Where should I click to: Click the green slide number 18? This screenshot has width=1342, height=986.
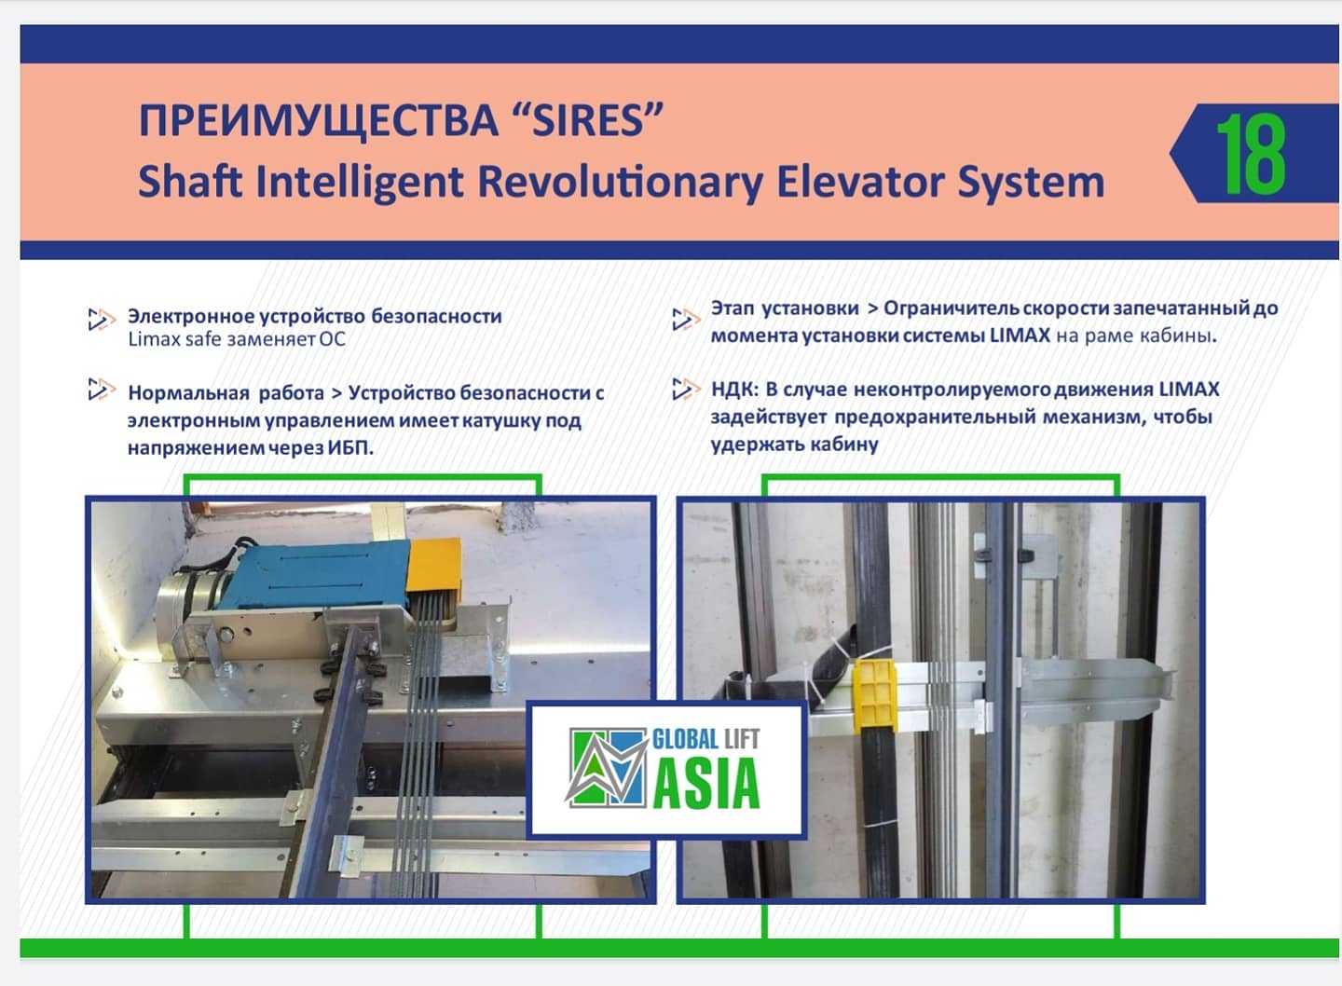(x=1251, y=154)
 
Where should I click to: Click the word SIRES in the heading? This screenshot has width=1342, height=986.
(x=588, y=121)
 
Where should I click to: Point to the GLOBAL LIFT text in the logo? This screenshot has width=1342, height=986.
(x=705, y=739)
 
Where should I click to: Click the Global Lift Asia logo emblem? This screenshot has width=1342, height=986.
(x=607, y=767)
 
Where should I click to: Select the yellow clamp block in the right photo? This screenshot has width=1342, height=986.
(x=874, y=697)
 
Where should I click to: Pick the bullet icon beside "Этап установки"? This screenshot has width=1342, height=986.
(x=686, y=320)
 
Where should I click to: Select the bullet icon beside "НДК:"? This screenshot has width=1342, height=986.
(x=686, y=389)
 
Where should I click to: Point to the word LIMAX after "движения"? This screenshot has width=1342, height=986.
(x=1189, y=390)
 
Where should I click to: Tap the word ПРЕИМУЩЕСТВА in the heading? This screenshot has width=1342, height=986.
(x=318, y=121)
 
